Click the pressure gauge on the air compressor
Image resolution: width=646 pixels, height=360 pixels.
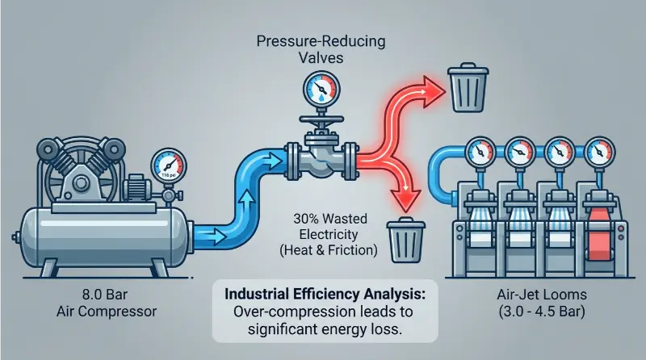click(169, 167)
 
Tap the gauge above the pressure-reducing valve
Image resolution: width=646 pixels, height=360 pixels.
click(321, 90)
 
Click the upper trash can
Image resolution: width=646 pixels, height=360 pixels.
click(468, 87)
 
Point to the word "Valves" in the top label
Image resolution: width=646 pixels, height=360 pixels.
click(321, 57)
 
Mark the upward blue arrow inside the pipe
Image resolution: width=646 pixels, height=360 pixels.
click(248, 201)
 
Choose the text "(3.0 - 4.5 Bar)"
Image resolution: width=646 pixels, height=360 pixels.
click(542, 312)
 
